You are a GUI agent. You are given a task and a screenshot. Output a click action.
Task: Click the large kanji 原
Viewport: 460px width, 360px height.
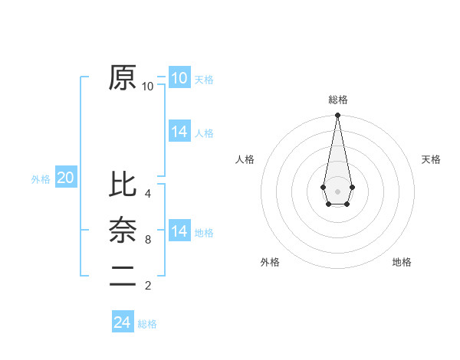pyautogui.click(x=123, y=77)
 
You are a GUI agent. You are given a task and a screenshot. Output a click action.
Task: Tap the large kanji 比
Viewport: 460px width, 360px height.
pyautogui.click(x=123, y=185)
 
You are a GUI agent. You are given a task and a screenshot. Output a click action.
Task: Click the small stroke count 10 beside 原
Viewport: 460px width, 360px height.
pyautogui.click(x=148, y=87)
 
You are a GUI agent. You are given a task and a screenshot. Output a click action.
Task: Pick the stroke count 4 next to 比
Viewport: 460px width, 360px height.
pyautogui.click(x=148, y=194)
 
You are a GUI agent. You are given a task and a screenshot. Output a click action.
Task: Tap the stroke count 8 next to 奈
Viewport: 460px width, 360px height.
pyautogui.click(x=148, y=240)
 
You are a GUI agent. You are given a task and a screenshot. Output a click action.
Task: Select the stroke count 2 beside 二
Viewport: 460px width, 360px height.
pyautogui.click(x=148, y=286)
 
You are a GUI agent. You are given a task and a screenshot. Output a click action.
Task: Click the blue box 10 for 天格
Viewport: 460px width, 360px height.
pyautogui.click(x=179, y=78)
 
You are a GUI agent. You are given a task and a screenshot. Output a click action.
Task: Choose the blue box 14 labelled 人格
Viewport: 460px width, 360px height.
pyautogui.click(x=179, y=132)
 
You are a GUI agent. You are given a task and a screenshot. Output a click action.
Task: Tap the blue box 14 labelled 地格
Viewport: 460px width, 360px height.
pyautogui.click(x=179, y=231)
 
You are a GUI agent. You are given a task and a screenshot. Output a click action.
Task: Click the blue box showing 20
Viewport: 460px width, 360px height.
pyautogui.click(x=65, y=178)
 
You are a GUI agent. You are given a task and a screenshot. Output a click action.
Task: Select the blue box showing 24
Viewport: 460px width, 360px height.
pyautogui.click(x=122, y=322)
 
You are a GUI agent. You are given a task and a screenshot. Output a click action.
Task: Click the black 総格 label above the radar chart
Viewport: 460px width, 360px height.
pyautogui.click(x=338, y=100)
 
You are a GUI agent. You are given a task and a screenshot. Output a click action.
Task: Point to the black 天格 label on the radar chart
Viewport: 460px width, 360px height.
pyautogui.click(x=431, y=159)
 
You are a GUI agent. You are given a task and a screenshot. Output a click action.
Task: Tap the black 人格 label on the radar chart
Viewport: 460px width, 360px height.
pyautogui.click(x=245, y=159)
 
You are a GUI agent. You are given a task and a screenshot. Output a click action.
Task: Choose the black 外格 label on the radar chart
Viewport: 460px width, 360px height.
pyautogui.click(x=270, y=262)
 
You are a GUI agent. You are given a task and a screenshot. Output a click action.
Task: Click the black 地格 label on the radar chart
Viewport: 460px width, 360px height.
pyautogui.click(x=402, y=262)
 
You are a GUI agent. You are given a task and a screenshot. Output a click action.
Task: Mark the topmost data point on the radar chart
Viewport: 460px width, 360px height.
pyautogui.click(x=337, y=115)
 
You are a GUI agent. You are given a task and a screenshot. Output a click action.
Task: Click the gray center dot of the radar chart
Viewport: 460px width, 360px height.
pyautogui.click(x=337, y=190)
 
